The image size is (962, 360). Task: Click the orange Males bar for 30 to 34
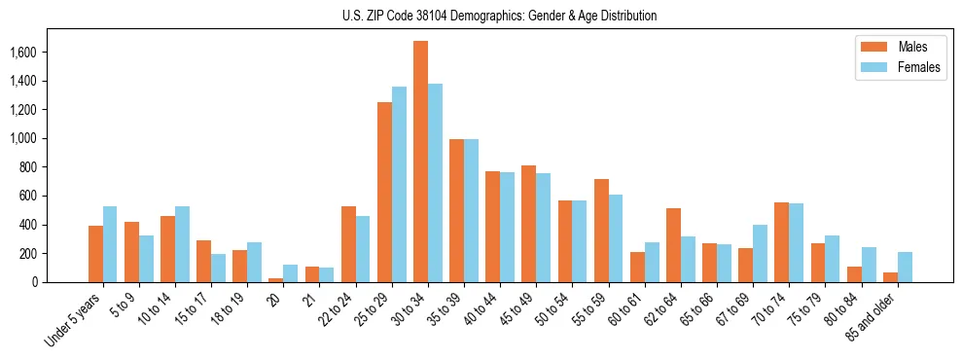[x=420, y=162]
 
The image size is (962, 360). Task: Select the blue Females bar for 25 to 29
[x=399, y=185]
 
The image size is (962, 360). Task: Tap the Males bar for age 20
[x=276, y=280]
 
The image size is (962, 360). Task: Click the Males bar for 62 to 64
[x=673, y=245]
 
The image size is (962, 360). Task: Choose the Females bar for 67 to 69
[x=761, y=254]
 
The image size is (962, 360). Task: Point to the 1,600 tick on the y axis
[x=49, y=52]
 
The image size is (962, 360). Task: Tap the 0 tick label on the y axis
[x=62, y=282]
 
